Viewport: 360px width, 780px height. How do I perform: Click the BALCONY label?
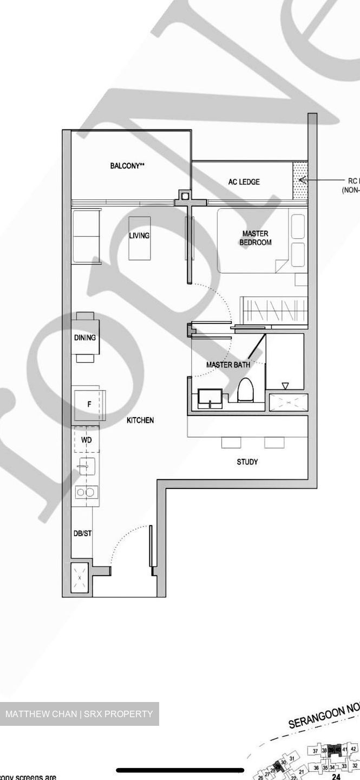(x=127, y=166)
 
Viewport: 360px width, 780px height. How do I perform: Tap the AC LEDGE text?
(x=244, y=182)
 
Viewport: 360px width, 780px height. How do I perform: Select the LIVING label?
(x=139, y=236)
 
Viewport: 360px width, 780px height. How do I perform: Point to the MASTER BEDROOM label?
(x=256, y=238)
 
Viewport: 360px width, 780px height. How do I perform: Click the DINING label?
(x=85, y=337)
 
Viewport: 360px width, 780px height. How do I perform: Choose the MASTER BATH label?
(x=228, y=365)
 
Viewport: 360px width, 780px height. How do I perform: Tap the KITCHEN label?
(x=140, y=420)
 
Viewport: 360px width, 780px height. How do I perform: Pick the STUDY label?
(x=247, y=462)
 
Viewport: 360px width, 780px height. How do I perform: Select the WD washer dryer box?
(x=86, y=440)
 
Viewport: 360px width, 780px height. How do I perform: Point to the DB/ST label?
(x=82, y=534)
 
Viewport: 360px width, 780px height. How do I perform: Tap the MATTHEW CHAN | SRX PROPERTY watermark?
(x=79, y=714)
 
